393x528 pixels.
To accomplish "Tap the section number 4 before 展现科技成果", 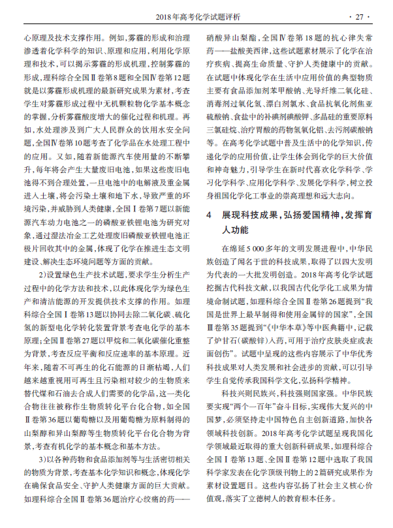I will (x=208, y=215).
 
